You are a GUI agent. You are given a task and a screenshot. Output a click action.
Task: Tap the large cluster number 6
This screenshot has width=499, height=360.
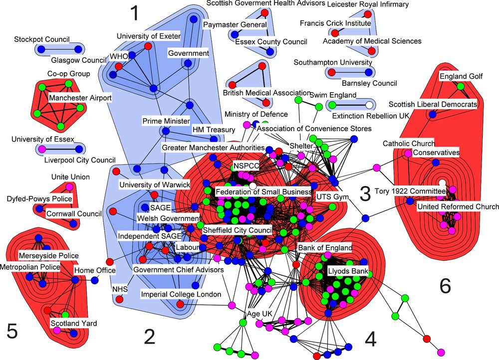[445, 285]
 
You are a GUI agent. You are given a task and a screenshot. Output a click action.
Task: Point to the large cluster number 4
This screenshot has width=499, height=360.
[369, 339]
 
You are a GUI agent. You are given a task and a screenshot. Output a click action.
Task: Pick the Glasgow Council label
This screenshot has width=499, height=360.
[79, 60]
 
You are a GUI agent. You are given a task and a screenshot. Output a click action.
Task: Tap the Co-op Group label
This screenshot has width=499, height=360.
[68, 74]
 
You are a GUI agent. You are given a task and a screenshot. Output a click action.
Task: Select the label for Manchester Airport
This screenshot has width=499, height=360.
[80, 98]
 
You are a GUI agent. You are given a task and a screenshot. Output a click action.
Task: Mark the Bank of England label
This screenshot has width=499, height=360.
[325, 248]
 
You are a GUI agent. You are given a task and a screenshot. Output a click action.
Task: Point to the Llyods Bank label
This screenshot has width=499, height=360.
[348, 272]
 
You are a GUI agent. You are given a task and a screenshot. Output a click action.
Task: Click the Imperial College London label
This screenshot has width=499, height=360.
[181, 295]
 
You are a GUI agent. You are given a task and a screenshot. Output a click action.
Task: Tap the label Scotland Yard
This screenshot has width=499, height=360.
[74, 324]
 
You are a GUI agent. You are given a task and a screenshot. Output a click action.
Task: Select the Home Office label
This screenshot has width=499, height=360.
[95, 270]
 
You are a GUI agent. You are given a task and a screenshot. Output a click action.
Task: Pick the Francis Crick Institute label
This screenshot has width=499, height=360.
[335, 23]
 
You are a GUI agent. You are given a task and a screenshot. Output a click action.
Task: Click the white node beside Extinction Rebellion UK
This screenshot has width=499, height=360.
[368, 105]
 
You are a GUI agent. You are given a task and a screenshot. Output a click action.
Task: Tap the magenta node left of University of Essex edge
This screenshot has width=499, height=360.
[42, 149]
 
